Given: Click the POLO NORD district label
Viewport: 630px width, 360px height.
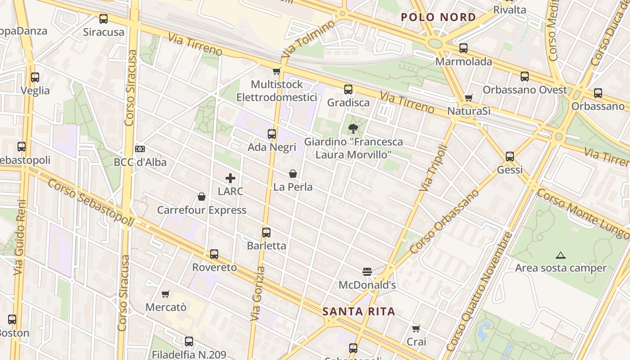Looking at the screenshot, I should (438, 17).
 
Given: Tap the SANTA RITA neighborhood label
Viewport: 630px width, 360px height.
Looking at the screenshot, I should (359, 311).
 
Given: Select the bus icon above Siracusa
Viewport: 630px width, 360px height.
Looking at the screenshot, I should (103, 19).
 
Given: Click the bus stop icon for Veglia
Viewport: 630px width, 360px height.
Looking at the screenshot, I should (35, 77).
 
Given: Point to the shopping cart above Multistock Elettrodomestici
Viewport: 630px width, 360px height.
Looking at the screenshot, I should (276, 71).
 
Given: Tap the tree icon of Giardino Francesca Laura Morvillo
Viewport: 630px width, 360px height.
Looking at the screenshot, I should (353, 129).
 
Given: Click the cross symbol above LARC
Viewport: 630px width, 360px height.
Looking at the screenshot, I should (230, 178).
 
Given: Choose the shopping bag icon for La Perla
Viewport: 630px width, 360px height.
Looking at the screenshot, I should (293, 174).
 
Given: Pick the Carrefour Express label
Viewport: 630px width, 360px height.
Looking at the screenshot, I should (202, 210).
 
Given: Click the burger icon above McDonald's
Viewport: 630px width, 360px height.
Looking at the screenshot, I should (367, 271).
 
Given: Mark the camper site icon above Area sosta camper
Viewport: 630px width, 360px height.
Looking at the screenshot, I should (560, 256).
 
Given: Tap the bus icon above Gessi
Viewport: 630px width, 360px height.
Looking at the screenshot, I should (510, 157).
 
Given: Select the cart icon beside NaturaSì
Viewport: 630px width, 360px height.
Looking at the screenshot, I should (469, 98).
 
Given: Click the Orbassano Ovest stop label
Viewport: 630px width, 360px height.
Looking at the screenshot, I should (525, 90).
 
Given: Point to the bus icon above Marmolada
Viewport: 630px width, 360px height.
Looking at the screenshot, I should (463, 48).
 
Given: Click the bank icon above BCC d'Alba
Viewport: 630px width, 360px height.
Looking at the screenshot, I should (140, 149).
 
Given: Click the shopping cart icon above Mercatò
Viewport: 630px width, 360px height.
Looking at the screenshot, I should (166, 294).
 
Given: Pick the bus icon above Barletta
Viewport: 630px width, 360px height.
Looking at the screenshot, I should (266, 233).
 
